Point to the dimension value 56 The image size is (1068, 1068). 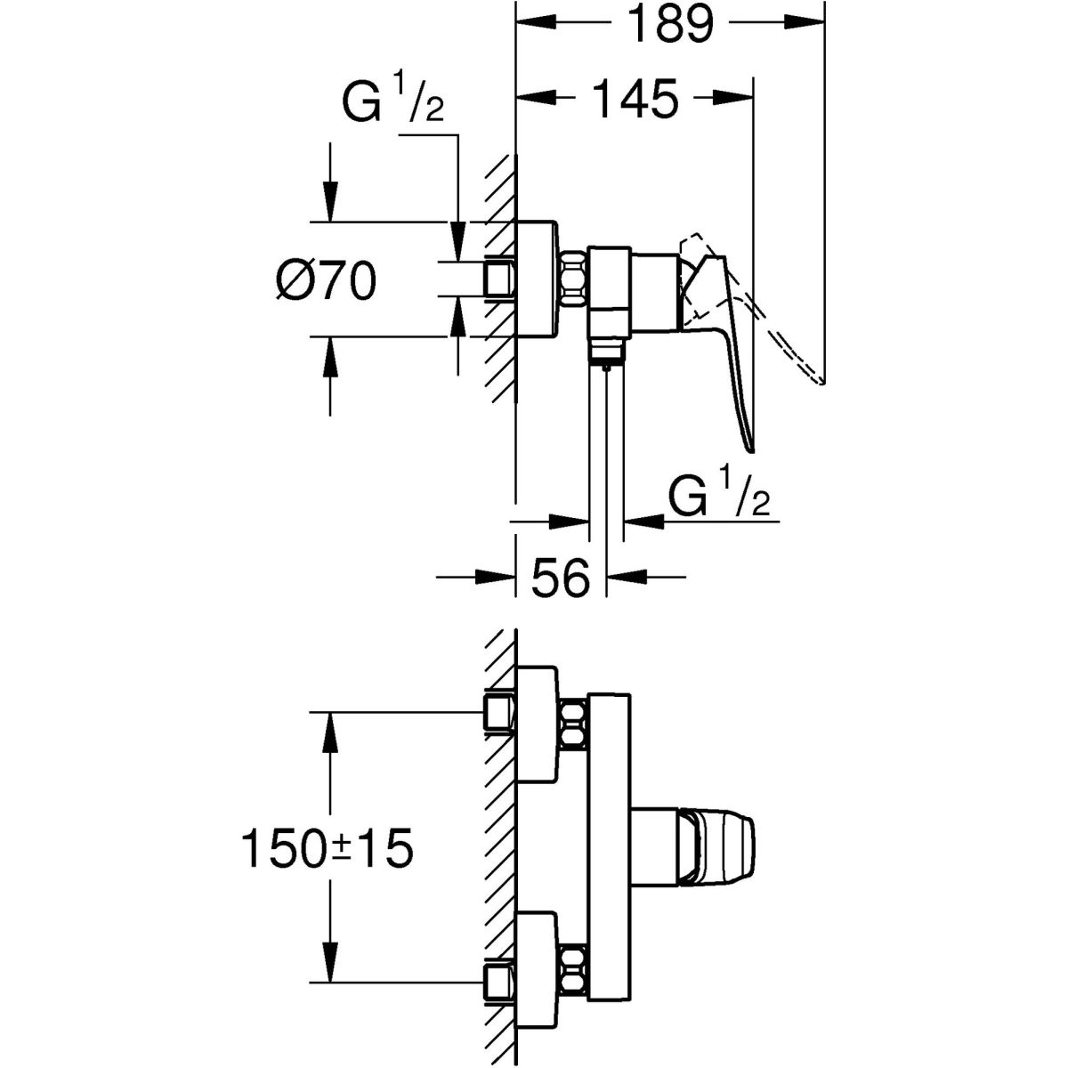click(561, 579)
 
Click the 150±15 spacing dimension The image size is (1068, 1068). click(327, 850)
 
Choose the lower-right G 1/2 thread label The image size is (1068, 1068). click(716, 501)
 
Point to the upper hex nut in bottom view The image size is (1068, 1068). click(573, 724)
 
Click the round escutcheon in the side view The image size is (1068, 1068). click(537, 278)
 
